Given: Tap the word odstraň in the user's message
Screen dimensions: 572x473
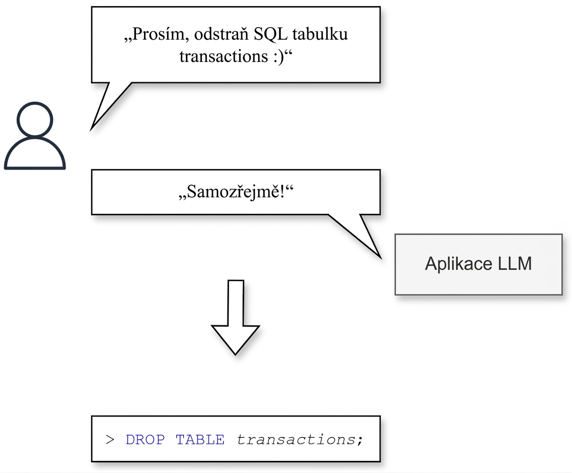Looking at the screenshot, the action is [x=221, y=34].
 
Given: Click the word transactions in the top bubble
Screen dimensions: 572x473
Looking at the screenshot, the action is [x=224, y=56].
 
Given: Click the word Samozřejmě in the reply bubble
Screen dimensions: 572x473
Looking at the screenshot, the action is [x=234, y=192].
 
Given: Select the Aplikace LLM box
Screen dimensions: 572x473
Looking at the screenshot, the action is [x=479, y=264].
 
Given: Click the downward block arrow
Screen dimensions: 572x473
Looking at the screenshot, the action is [x=236, y=318].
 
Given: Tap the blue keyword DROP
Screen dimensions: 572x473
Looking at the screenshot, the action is [x=145, y=440].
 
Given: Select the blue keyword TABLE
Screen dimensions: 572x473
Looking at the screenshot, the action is [x=200, y=440].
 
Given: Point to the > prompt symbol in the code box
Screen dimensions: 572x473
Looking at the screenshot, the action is [x=110, y=440].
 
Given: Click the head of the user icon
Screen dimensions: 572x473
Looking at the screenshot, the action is [x=35, y=119].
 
